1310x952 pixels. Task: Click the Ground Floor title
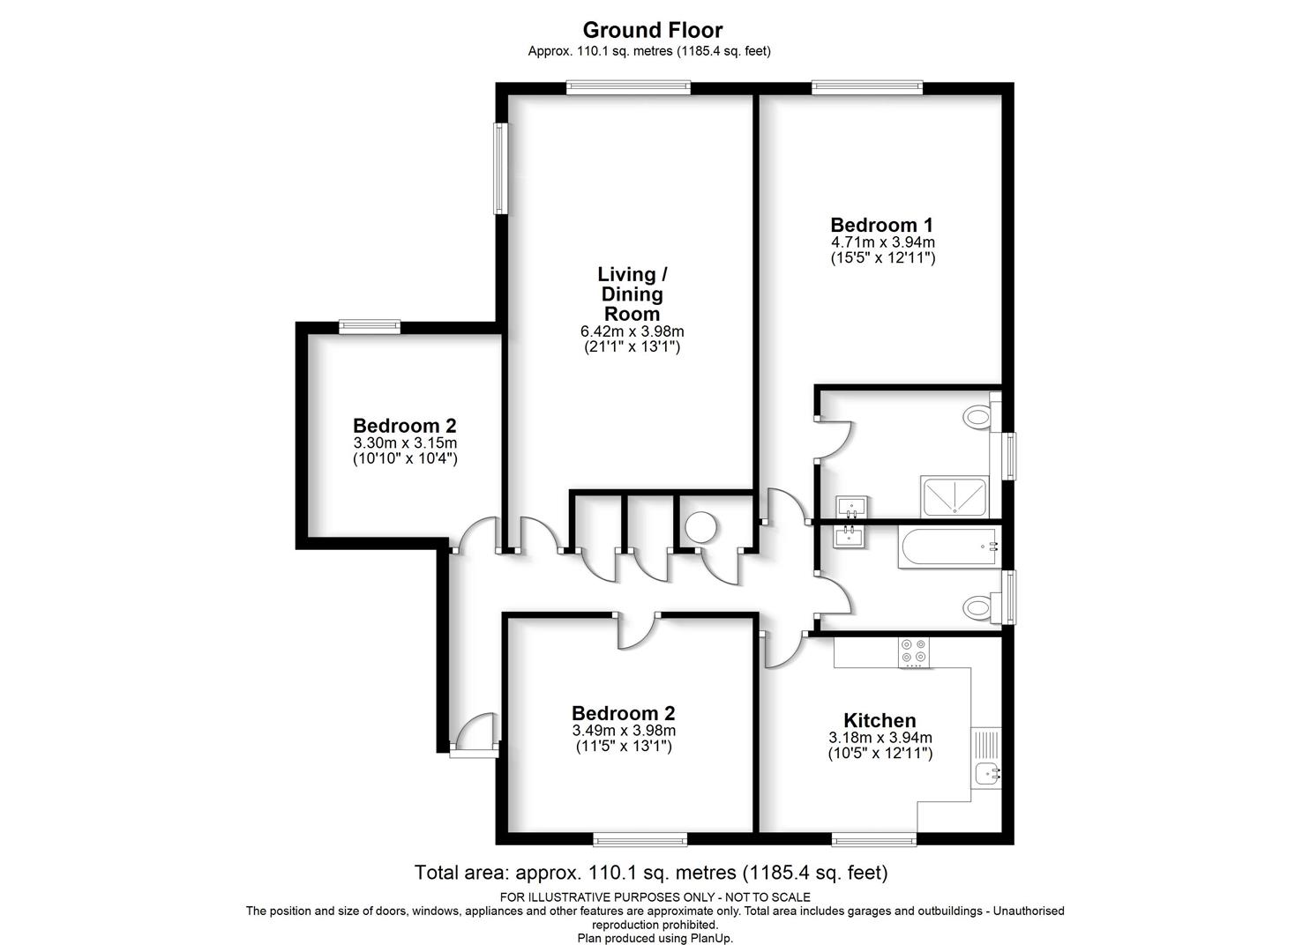653,30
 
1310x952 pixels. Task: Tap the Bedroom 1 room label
882,225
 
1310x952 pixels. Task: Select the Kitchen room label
880,720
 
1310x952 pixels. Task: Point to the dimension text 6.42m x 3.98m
633,331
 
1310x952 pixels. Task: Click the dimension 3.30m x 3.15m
405,443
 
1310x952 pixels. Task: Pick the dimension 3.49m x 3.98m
624,731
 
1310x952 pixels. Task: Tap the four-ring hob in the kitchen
914,652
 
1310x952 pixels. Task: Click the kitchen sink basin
988,774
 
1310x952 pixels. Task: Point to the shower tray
954,497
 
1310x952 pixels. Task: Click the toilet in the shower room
981,417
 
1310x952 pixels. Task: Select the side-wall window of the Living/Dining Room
500,168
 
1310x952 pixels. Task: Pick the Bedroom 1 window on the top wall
866,88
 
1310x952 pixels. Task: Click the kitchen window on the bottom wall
874,841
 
